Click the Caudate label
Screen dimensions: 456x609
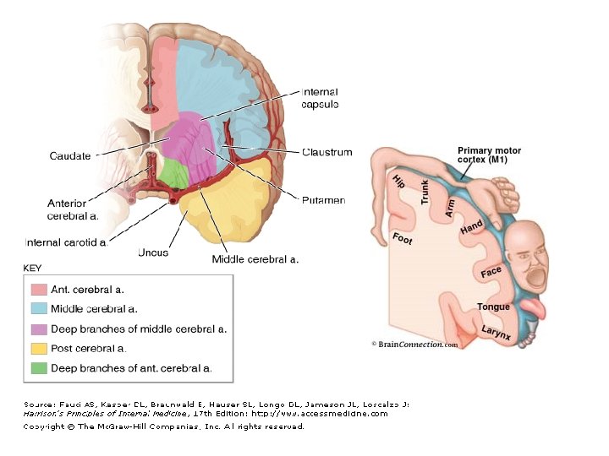(69, 156)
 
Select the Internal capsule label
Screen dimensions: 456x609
(320, 98)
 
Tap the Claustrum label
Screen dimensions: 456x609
(326, 152)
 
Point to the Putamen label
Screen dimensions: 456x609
(323, 200)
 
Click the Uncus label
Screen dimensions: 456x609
(153, 252)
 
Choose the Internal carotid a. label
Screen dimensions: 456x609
(67, 242)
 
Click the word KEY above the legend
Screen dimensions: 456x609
(33, 269)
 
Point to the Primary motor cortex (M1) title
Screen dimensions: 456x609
(489, 155)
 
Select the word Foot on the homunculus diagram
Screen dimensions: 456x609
(403, 238)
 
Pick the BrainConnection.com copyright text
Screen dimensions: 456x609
(415, 345)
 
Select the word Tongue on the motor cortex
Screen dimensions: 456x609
(493, 307)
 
